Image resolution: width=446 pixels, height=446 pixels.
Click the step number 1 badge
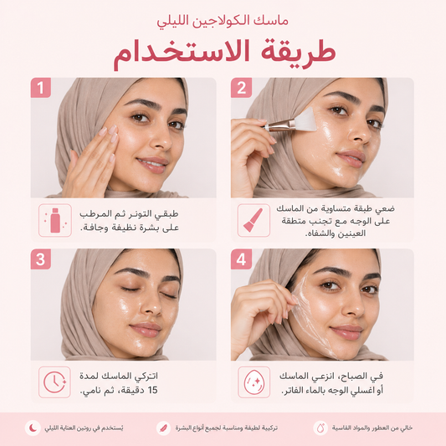41,88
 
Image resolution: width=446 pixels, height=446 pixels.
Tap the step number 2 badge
241,88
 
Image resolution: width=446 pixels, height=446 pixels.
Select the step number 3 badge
41,259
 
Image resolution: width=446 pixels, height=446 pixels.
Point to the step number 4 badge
241,259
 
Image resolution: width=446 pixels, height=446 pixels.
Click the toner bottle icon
55,220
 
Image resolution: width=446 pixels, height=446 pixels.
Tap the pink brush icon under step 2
254,220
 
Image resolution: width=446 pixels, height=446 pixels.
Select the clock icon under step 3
54,382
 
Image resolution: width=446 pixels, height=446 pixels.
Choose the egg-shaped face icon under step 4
254,382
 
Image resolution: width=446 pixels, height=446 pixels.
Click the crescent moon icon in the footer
33,428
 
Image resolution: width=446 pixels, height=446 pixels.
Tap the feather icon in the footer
163,428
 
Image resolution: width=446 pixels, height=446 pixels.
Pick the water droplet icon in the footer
320,428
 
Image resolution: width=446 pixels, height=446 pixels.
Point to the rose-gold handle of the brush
279,126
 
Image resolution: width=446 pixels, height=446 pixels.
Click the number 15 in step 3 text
152,390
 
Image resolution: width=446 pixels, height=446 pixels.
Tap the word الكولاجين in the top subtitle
219,22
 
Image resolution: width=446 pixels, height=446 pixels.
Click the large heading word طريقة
298,51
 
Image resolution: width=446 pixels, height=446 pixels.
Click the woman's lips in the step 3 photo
146,330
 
